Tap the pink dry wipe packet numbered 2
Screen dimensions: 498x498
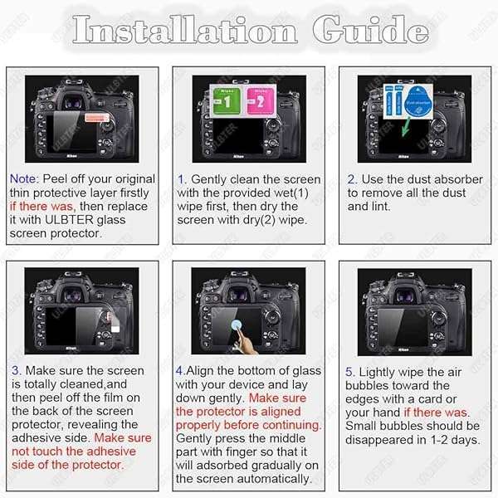point(260,102)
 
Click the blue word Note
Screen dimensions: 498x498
point(23,179)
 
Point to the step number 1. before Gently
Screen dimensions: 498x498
point(182,179)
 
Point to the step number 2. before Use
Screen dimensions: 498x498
point(352,179)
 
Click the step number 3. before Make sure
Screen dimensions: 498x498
point(17,371)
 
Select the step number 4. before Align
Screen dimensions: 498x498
point(180,371)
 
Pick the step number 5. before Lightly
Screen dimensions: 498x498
point(349,373)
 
